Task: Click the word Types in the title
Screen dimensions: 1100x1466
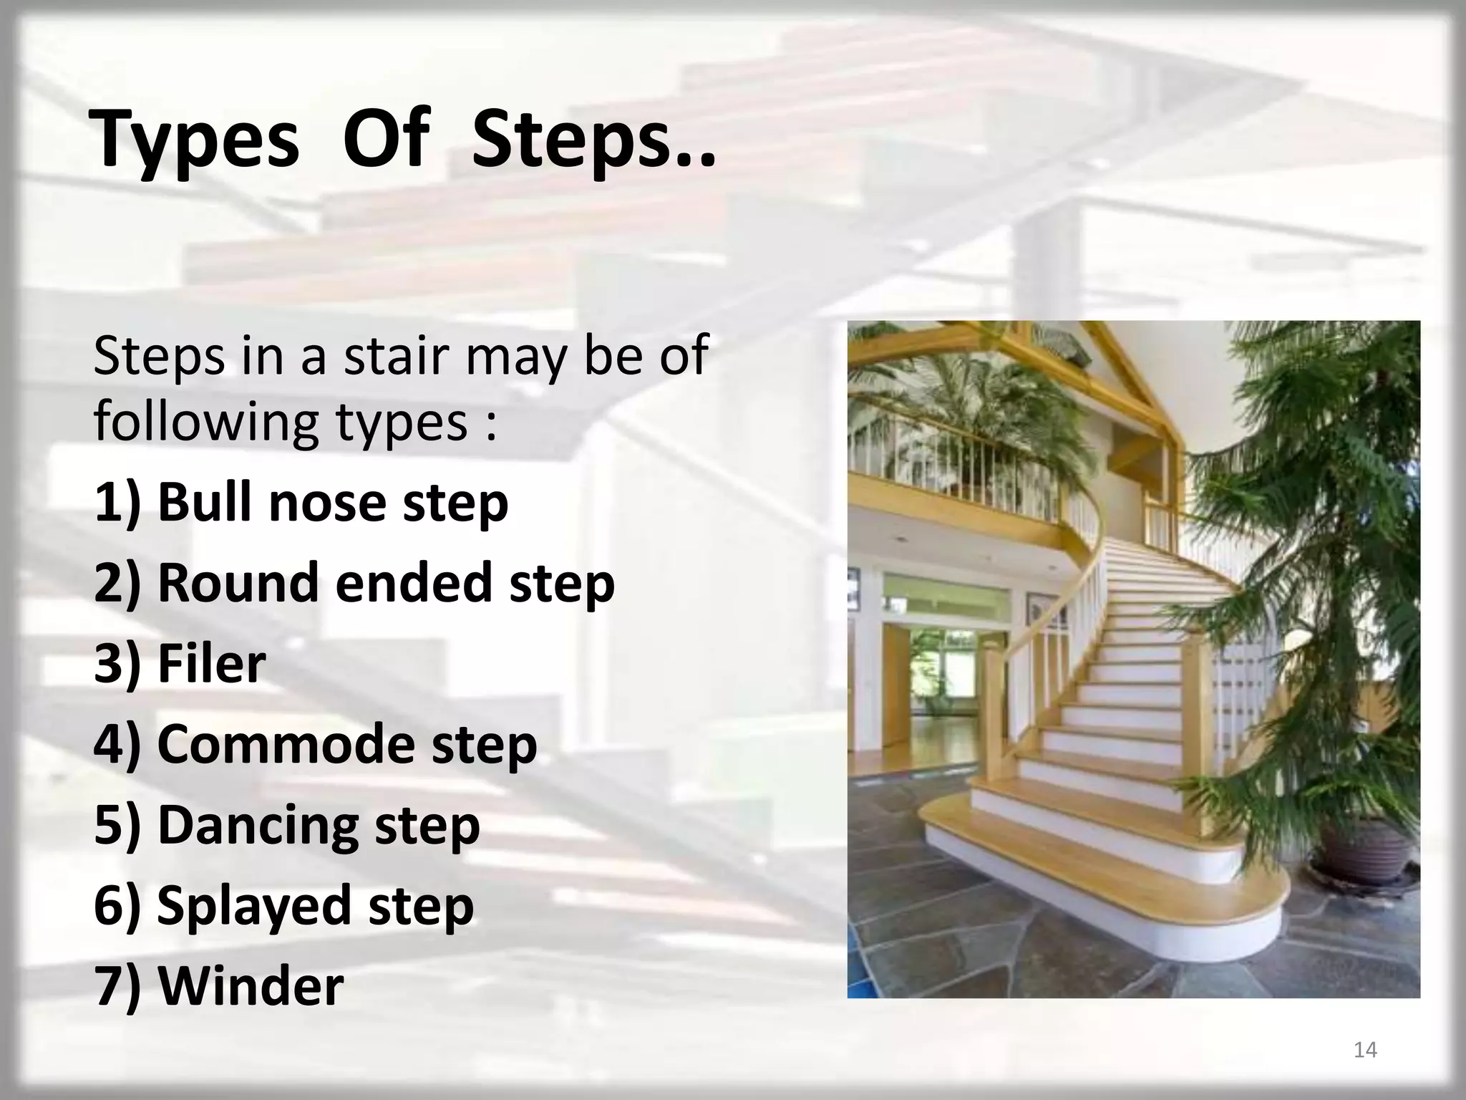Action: [x=195, y=140]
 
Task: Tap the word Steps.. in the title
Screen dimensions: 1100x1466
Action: [x=593, y=140]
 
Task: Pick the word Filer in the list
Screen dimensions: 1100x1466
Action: [x=211, y=663]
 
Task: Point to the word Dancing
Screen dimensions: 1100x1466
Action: [x=258, y=826]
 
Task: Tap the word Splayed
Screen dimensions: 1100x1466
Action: [x=254, y=906]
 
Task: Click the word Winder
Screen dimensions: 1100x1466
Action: [x=251, y=986]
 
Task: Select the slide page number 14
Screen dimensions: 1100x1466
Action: [x=1365, y=1050]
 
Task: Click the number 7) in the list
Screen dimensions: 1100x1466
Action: [x=117, y=987]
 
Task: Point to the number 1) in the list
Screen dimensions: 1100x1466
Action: [x=117, y=503]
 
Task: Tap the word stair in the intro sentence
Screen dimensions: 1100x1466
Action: [x=397, y=356]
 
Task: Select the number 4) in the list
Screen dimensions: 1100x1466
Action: [x=117, y=745]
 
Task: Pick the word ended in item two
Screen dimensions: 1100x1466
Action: [x=413, y=582]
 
